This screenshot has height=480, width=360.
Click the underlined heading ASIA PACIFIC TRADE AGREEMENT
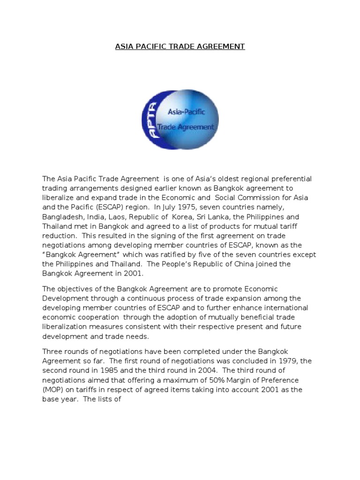180,46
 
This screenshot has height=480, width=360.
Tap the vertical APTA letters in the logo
151,120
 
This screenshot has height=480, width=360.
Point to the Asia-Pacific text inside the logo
186,112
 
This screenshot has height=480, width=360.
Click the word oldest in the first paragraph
220,179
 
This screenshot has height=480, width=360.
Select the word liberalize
59,198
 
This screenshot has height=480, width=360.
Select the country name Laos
119,217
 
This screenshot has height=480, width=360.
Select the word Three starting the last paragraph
52,352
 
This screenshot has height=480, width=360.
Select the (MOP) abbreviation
54,390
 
